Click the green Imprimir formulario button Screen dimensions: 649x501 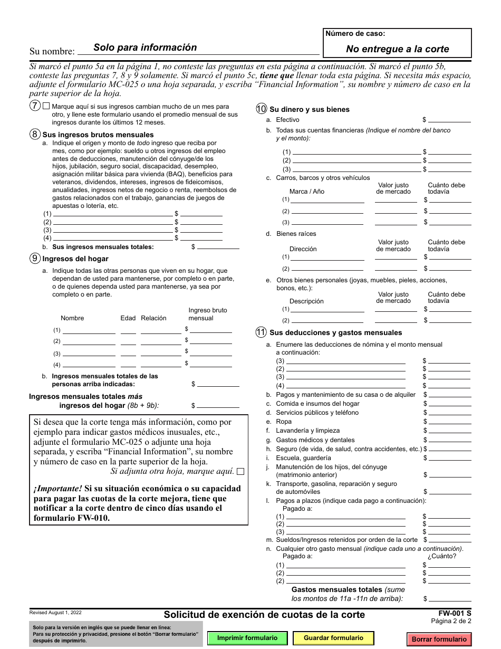tap(247, 638)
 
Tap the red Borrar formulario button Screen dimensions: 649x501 tap(439, 639)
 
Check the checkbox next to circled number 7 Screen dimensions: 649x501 tap(46, 106)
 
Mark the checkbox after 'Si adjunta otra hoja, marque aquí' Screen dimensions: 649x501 tap(240, 472)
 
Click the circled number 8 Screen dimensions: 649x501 tap(35, 134)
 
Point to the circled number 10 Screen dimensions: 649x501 tap(261, 109)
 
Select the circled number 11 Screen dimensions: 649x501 tap(261, 332)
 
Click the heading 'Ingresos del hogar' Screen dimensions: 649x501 tap(75, 259)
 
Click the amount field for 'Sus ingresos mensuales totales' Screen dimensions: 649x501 tap(218, 246)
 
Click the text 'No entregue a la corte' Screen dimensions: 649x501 tap(397, 49)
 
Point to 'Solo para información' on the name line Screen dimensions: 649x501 tap(145, 47)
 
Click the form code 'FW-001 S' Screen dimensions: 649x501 tap(455, 614)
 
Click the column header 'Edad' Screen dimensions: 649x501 tap(128, 318)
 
